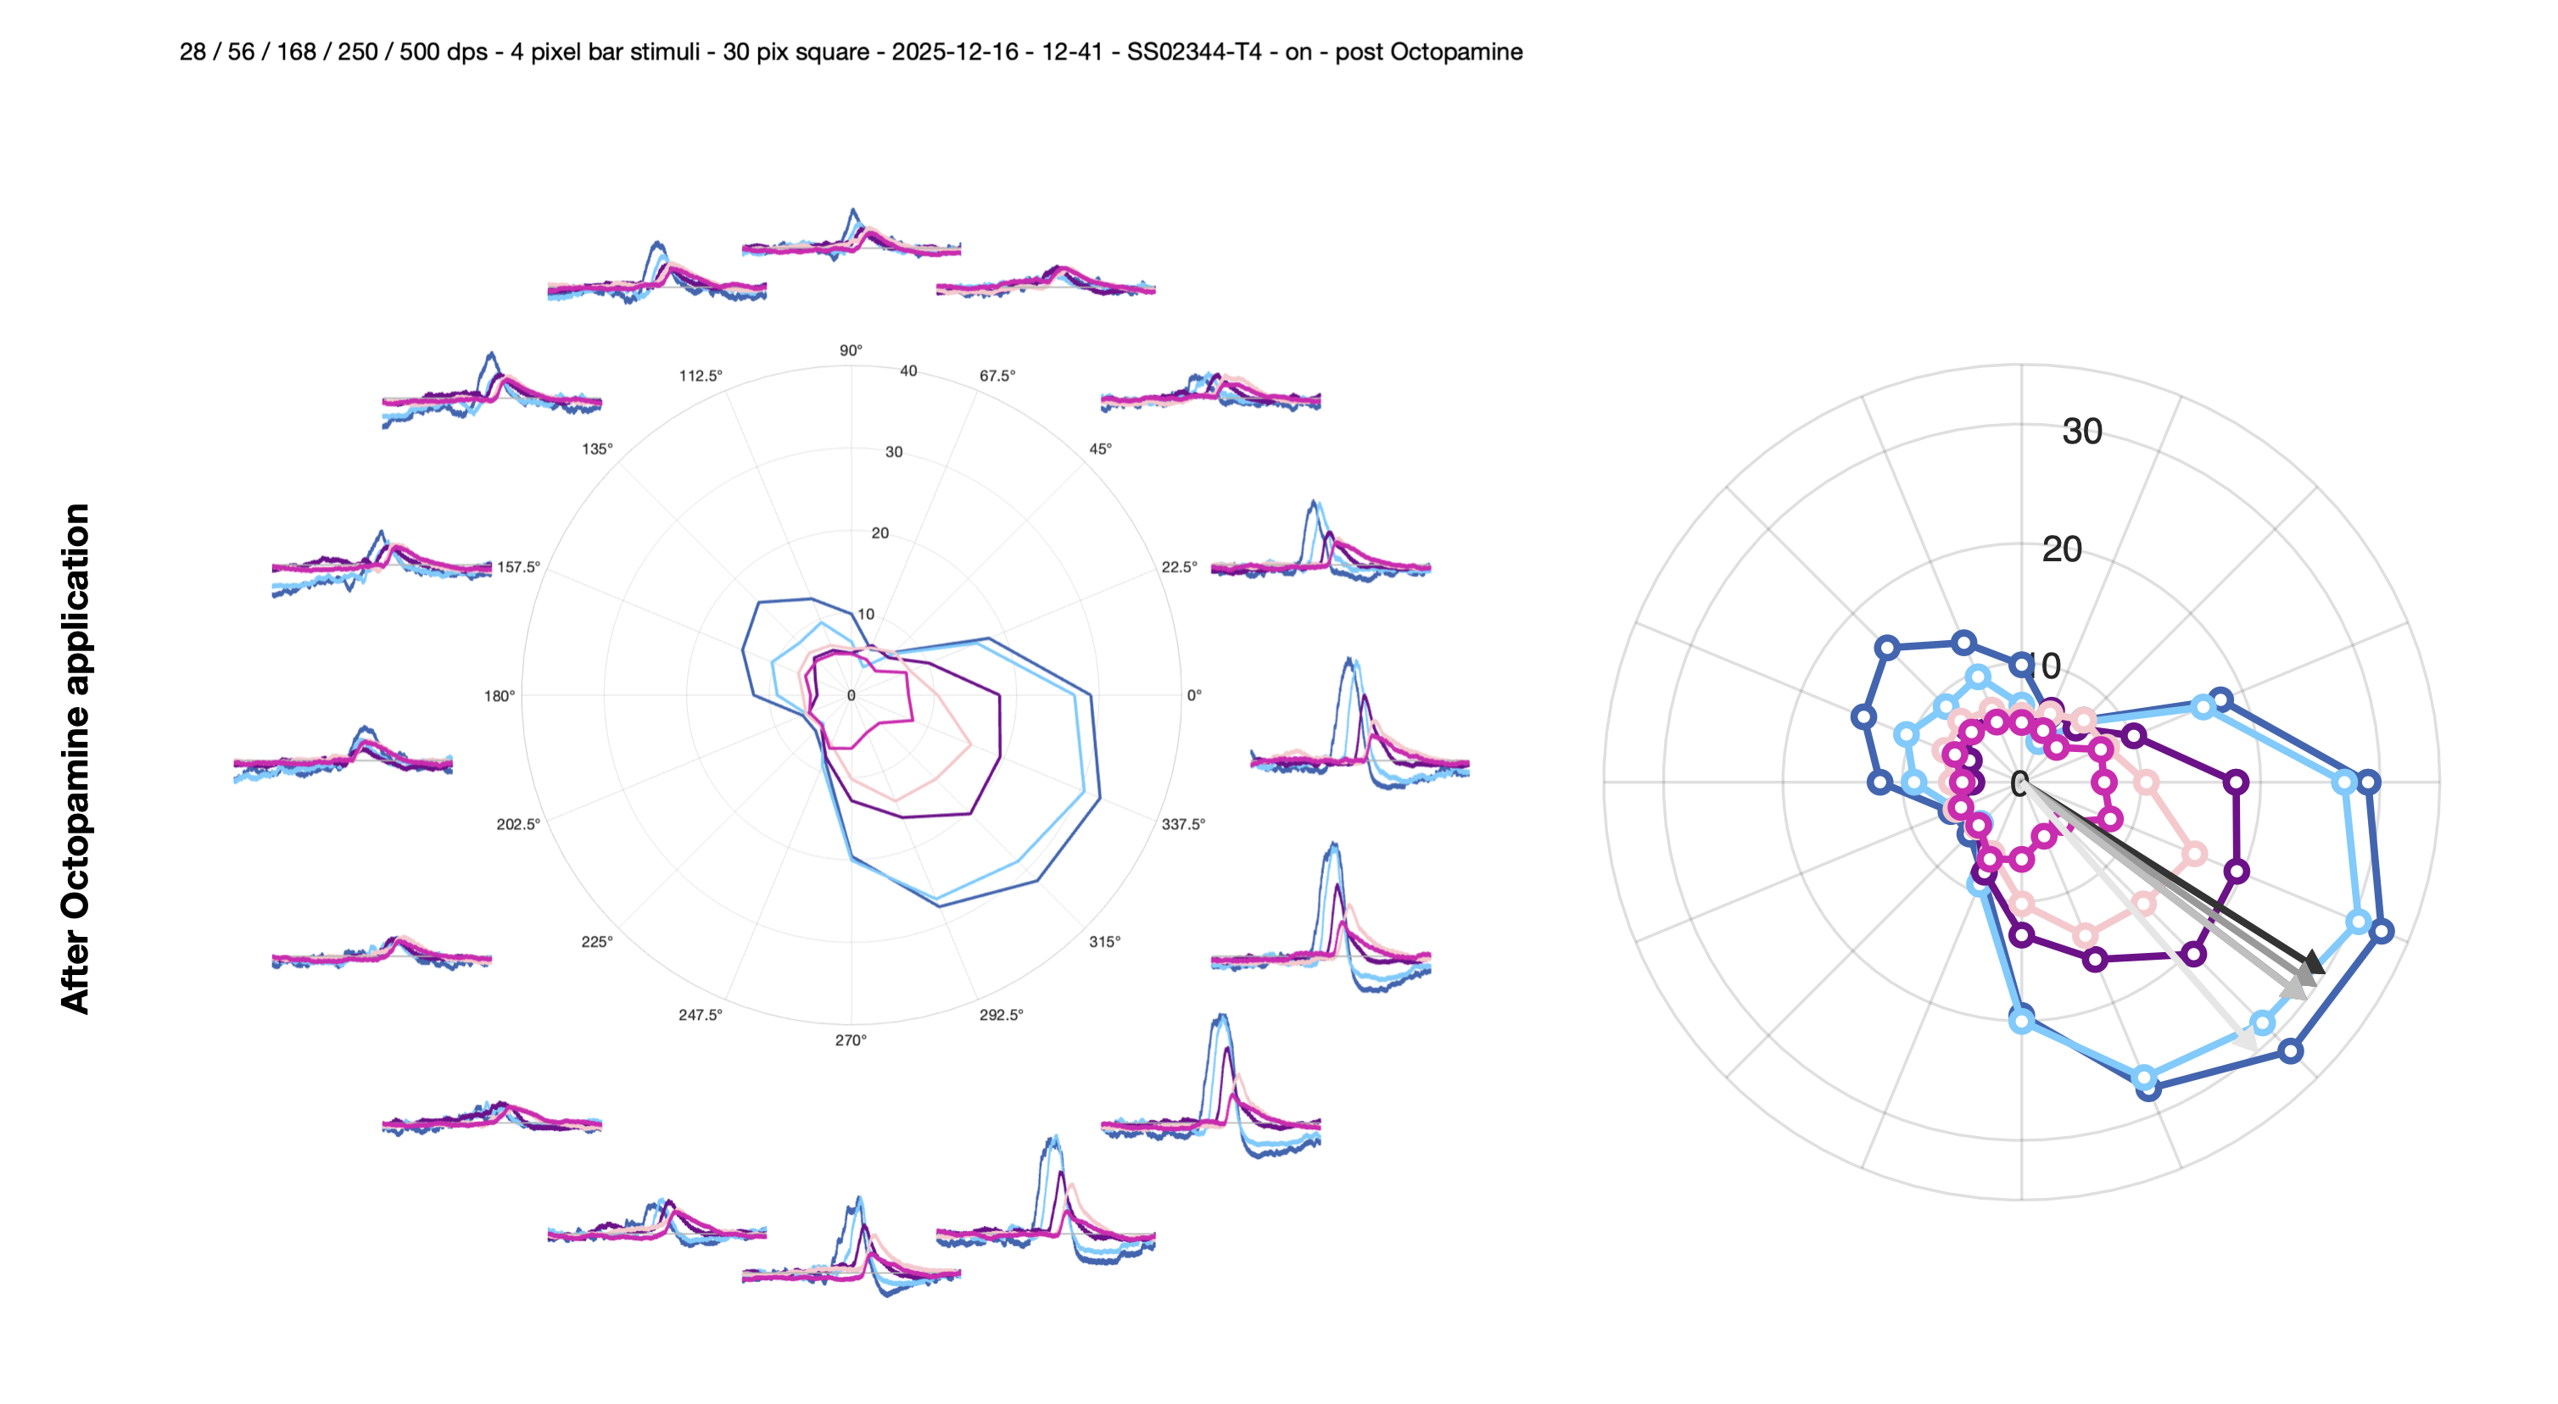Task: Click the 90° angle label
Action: click(851, 350)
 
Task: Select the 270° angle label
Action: click(851, 1040)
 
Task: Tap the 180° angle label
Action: click(500, 696)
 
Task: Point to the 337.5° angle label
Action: click(1182, 824)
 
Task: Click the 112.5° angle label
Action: click(701, 376)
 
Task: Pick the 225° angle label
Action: click(597, 941)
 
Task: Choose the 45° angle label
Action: click(1100, 448)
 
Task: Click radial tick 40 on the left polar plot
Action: click(908, 371)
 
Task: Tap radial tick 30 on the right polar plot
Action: click(2081, 432)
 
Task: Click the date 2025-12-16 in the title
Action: click(954, 52)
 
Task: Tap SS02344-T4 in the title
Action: click(1194, 52)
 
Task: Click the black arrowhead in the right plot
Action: click(2314, 962)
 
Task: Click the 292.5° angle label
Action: click(1001, 1015)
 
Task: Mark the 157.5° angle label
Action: click(518, 567)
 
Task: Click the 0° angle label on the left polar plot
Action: click(1194, 696)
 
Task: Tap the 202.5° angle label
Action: click(518, 824)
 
